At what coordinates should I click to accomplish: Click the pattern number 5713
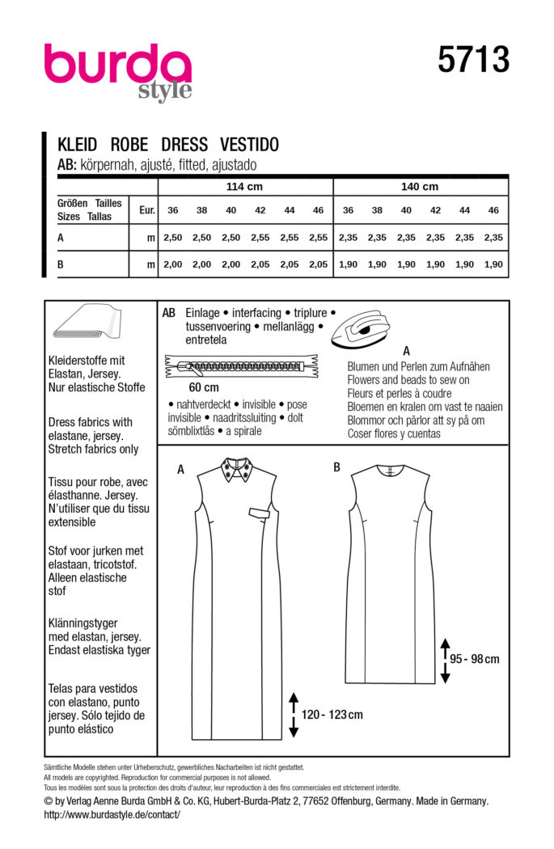point(474,61)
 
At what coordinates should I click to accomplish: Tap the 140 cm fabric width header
point(419,186)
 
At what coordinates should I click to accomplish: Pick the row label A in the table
point(61,238)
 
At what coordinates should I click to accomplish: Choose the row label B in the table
point(61,264)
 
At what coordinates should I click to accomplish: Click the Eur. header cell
point(146,210)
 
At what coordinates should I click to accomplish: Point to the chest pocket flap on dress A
point(259,512)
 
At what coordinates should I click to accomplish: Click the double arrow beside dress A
point(293,715)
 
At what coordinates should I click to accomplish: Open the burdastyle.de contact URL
point(112,814)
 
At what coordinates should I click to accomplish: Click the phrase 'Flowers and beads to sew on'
point(408,380)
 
